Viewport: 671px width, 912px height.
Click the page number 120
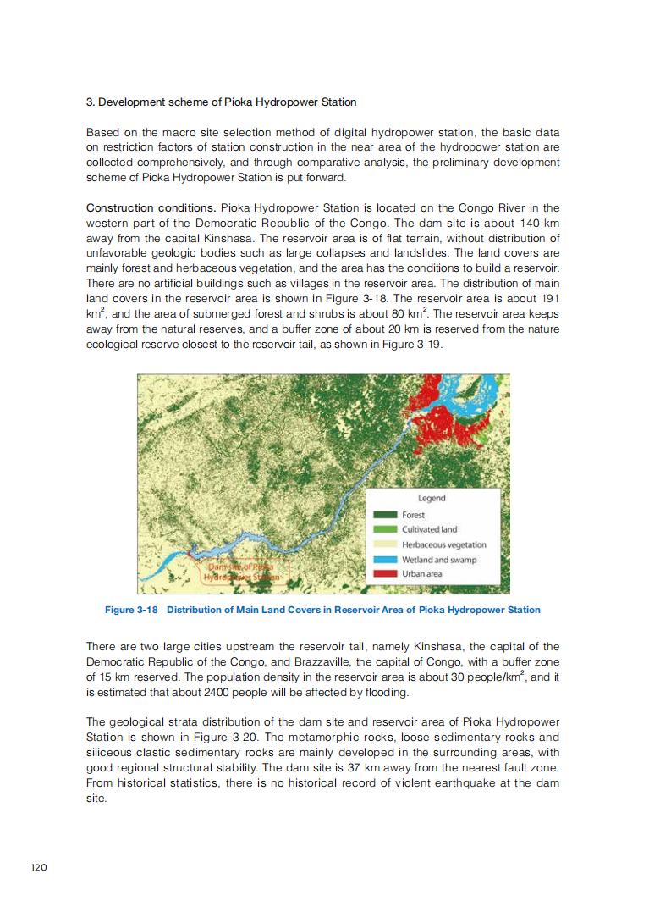[38, 867]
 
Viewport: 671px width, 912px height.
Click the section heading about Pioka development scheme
[221, 102]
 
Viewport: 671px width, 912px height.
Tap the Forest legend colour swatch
[386, 515]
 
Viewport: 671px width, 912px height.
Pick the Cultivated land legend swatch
[386, 529]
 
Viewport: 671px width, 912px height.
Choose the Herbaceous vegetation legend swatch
[386, 544]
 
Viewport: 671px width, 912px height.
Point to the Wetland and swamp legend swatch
[386, 560]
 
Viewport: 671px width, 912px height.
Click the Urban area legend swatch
[386, 574]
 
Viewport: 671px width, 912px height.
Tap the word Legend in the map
[432, 498]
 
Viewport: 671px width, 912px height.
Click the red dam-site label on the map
[245, 571]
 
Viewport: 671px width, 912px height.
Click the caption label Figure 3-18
[131, 610]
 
